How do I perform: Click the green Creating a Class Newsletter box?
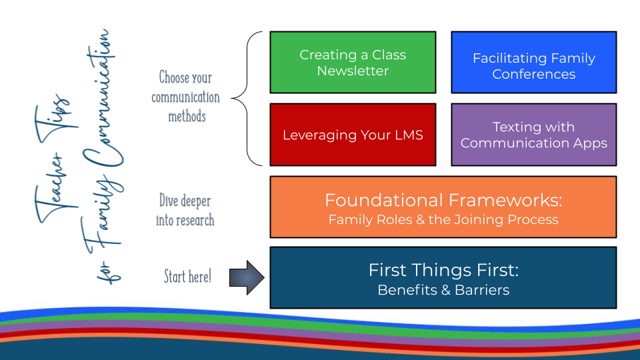[x=353, y=63]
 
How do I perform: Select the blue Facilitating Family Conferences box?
[x=534, y=63]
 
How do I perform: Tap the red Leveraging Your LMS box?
[x=353, y=135]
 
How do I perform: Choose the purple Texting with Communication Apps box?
[x=534, y=135]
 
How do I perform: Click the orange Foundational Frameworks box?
[x=443, y=207]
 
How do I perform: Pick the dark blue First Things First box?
[x=443, y=277]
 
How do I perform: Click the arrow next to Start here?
[x=247, y=277]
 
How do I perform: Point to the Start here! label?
[x=188, y=276]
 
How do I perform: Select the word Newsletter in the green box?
[x=353, y=71]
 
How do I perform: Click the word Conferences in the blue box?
[x=534, y=74]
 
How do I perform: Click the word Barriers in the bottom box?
[x=482, y=290]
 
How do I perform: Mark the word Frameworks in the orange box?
[x=505, y=201]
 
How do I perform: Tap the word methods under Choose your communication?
[x=187, y=116]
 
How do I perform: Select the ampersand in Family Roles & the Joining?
[x=421, y=220]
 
